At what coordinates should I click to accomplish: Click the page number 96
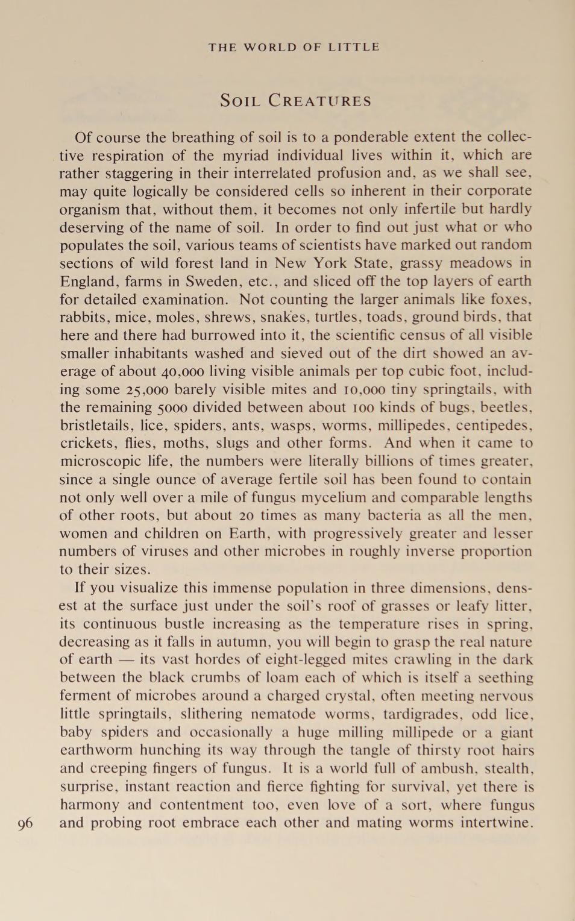pyautogui.click(x=25, y=823)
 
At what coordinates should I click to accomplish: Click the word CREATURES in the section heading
pyautogui.click(x=319, y=101)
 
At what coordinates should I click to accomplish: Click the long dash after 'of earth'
pyautogui.click(x=125, y=660)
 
